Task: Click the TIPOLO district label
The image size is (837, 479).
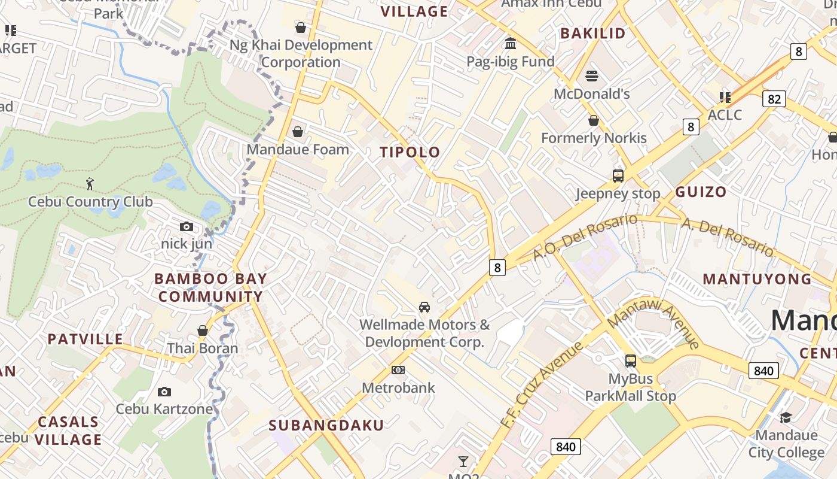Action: (x=410, y=152)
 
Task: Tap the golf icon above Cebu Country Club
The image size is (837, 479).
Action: (x=90, y=184)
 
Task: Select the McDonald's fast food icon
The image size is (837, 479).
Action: (x=592, y=76)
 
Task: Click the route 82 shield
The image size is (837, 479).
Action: (x=774, y=99)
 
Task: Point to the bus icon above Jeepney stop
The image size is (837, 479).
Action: (x=618, y=176)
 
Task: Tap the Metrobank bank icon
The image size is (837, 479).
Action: (x=398, y=370)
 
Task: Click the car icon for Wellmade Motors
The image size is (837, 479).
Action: (x=424, y=307)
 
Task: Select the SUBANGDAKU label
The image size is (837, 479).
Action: (x=326, y=426)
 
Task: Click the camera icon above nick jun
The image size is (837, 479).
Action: (x=187, y=226)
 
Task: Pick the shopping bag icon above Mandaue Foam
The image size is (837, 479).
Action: (x=298, y=132)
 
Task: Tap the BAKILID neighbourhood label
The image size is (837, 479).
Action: (x=592, y=34)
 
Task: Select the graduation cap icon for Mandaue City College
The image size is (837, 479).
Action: (x=786, y=417)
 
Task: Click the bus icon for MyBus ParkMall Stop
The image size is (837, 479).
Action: (x=631, y=360)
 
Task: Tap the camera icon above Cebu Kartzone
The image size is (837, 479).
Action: (x=164, y=392)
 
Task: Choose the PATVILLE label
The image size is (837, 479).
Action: (x=85, y=339)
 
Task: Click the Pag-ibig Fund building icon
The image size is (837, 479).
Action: (x=511, y=44)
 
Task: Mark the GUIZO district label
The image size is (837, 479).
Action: (x=701, y=192)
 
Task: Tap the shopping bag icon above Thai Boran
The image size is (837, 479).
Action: (x=203, y=331)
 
